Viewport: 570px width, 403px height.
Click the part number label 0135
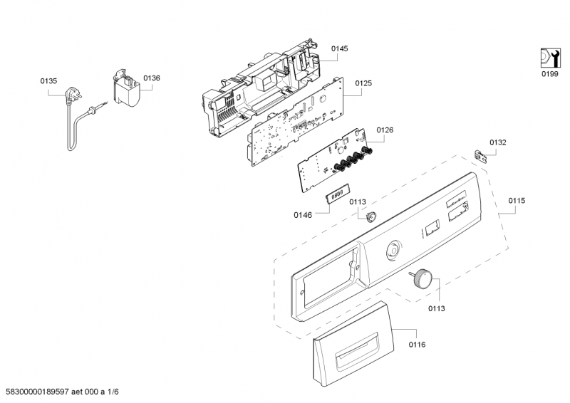click(48, 81)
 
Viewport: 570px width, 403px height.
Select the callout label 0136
click(152, 78)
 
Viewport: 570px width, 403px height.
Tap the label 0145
click(340, 48)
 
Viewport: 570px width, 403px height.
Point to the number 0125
click(363, 83)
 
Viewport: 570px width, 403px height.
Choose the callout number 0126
click(385, 130)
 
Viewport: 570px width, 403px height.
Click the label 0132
click(498, 142)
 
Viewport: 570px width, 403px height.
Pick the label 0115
click(517, 201)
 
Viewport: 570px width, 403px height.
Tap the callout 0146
click(303, 215)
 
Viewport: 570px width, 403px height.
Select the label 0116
click(417, 345)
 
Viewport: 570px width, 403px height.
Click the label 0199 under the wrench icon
click(549, 74)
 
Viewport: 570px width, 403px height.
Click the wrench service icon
click(550, 58)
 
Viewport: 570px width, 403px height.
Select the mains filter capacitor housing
click(126, 88)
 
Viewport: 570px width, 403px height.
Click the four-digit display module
click(338, 193)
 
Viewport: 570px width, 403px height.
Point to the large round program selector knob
click(422, 278)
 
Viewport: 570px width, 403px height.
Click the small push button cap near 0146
click(370, 216)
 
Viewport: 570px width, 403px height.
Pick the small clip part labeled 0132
click(480, 156)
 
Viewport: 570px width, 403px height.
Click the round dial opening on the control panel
click(393, 250)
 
